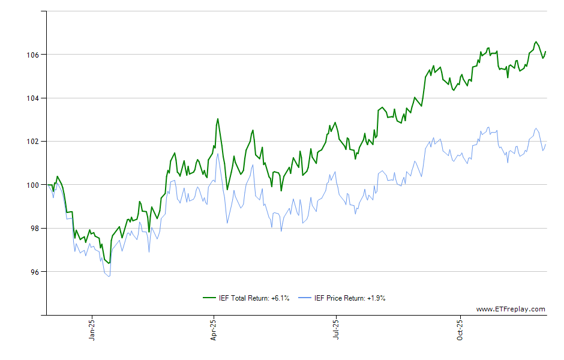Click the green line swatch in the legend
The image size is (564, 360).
coord(209,298)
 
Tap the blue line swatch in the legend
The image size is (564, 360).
coord(305,298)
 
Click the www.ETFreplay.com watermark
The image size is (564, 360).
coord(511,310)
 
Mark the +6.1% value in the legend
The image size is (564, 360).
coord(281,298)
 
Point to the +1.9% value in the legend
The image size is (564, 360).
coord(376,298)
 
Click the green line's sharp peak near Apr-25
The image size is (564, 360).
coord(218,119)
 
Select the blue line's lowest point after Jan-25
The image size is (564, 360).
coord(109,276)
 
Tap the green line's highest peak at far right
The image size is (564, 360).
coord(536,42)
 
